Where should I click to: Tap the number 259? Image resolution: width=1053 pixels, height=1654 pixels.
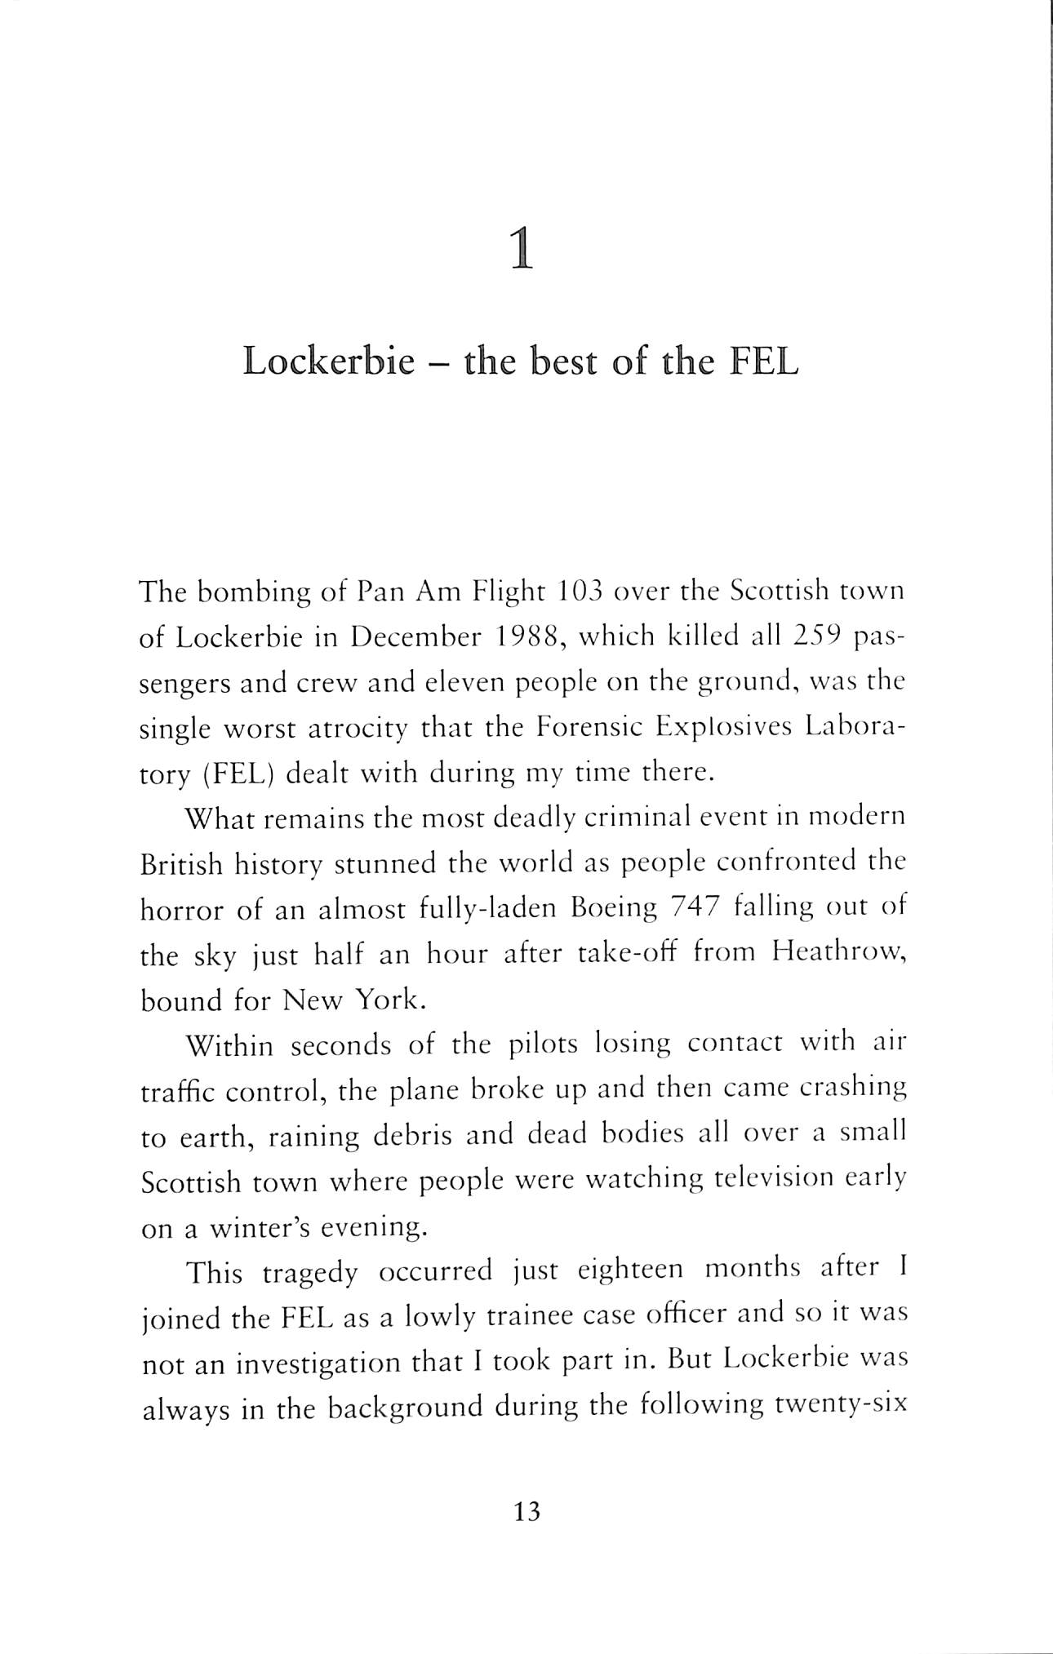pos(819,637)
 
